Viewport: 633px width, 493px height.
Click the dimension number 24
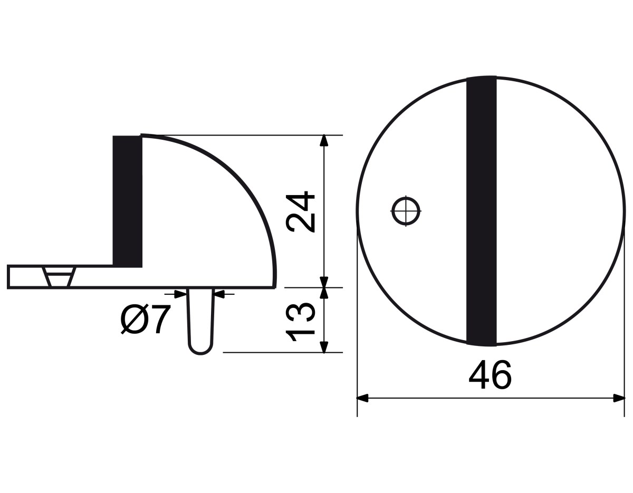pos(300,212)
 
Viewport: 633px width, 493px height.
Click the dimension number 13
pos(300,322)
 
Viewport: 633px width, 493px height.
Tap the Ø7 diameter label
pos(145,319)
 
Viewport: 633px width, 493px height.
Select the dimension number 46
pos(490,375)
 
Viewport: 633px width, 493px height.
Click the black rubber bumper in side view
pos(128,201)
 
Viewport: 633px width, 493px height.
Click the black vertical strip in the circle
pos(481,211)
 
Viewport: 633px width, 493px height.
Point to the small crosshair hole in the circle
pos(406,211)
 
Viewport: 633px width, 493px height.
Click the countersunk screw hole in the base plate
pos(59,277)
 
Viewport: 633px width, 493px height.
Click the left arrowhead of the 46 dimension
pos(363,398)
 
